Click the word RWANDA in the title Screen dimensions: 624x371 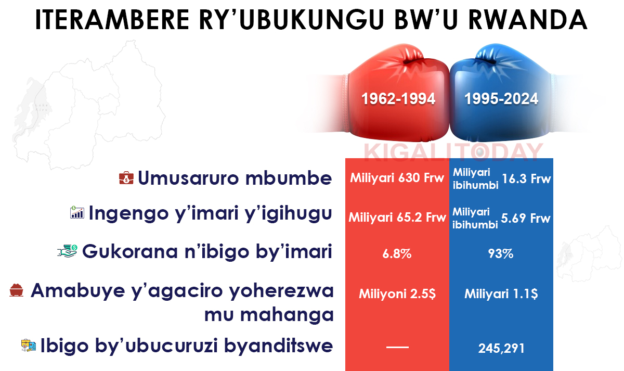pos(528,19)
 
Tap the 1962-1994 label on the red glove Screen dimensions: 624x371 pos(398,99)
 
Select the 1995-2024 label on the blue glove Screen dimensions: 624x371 pos(501,99)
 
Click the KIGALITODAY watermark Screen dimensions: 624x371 pos(453,152)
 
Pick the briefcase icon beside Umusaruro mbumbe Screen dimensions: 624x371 pos(126,178)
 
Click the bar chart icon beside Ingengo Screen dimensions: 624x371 pos(77,212)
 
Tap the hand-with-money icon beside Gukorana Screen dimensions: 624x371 pos(67,251)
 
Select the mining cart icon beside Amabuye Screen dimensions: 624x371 pos(17,290)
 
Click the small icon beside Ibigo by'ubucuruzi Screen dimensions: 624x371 pos(29,346)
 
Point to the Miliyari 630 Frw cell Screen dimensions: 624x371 pos(397,178)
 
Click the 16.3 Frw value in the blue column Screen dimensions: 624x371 pos(526,178)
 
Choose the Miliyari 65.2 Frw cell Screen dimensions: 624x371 pos(397,218)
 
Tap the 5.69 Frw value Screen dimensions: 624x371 pos(526,218)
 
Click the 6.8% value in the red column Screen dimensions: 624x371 pos(397,253)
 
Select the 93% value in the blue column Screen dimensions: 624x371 pos(501,253)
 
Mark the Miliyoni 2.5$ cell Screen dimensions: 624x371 pos(397,294)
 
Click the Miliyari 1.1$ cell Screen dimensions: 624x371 pos(501,294)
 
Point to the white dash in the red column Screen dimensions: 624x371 pos(397,347)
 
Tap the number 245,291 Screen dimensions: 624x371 pos(501,349)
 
